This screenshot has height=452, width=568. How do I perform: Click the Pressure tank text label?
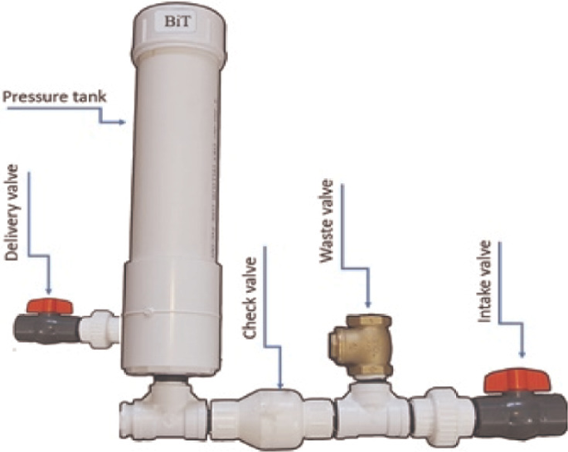[x=54, y=97]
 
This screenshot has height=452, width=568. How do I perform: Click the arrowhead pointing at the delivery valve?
[x=47, y=290]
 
